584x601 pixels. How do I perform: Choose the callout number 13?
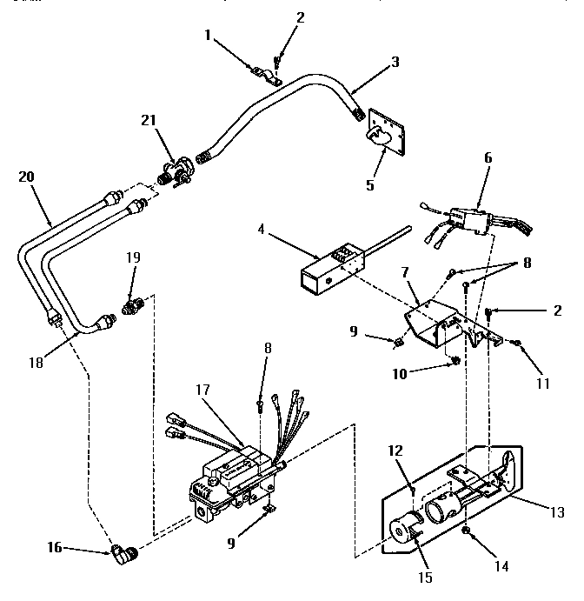point(545,513)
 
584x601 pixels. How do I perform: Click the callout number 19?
point(132,258)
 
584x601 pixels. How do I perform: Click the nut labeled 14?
point(467,531)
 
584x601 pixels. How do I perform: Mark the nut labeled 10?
point(456,361)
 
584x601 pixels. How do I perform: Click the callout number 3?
point(395,63)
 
